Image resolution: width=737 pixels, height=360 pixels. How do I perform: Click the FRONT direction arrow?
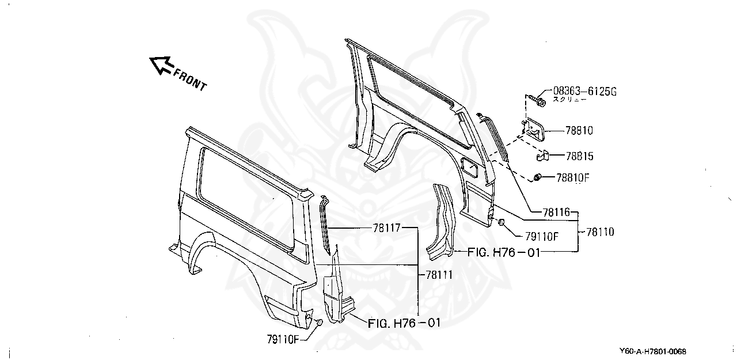[161, 65]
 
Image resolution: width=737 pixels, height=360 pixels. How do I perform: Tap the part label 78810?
[578, 131]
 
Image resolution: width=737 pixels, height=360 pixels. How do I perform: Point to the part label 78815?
[579, 156]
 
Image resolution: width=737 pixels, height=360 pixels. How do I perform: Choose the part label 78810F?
[573, 177]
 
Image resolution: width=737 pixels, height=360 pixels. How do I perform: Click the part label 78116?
[556, 213]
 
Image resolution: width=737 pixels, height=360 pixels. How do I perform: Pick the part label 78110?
[600, 232]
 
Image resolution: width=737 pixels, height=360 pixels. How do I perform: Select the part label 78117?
[386, 228]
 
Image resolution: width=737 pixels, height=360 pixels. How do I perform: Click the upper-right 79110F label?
[541, 236]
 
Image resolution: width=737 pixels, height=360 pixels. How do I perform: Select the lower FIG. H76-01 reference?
[404, 323]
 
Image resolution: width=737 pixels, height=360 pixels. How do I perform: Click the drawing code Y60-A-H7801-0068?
[652, 351]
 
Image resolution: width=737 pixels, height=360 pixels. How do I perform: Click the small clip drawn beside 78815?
[542, 156]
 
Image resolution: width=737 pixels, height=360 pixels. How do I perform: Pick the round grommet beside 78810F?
[538, 177]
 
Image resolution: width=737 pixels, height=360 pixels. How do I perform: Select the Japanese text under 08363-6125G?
[570, 100]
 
